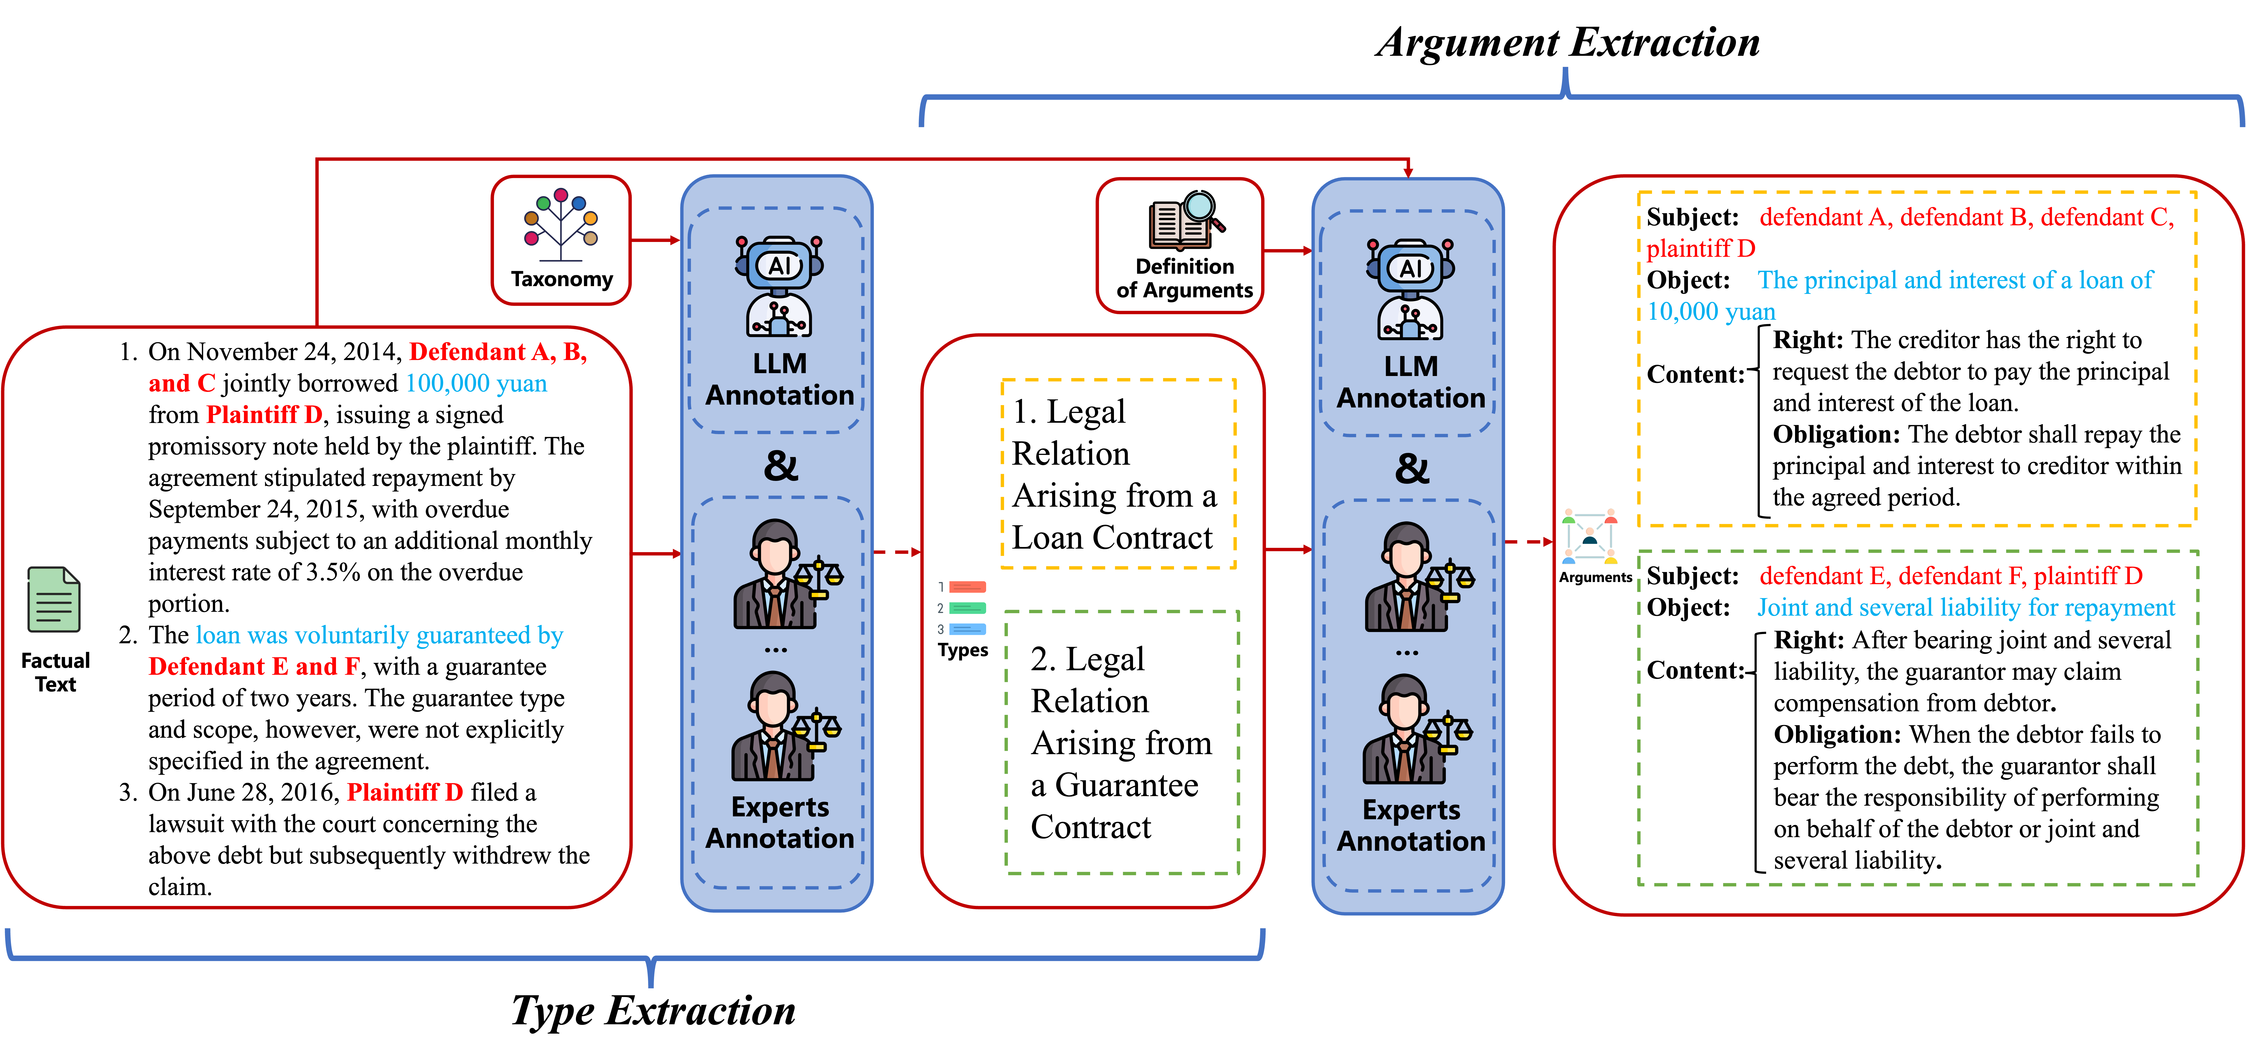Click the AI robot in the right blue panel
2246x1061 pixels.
(x=1410, y=288)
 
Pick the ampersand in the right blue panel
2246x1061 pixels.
(x=1412, y=469)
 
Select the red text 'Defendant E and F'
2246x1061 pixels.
(x=254, y=667)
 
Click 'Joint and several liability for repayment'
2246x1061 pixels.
(x=1965, y=608)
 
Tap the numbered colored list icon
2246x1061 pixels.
(x=963, y=608)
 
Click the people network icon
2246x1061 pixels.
(x=1589, y=535)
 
